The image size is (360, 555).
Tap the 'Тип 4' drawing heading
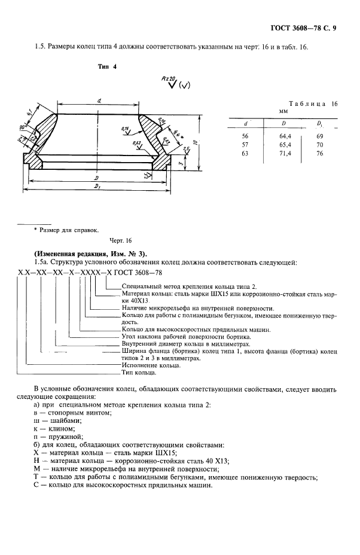107,67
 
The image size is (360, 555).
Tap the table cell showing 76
320,153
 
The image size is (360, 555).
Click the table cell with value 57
245,145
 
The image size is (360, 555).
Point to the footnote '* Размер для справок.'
66,229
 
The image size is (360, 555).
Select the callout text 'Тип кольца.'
139,373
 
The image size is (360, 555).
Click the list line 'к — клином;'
57,429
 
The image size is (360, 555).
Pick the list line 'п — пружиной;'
62,437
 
